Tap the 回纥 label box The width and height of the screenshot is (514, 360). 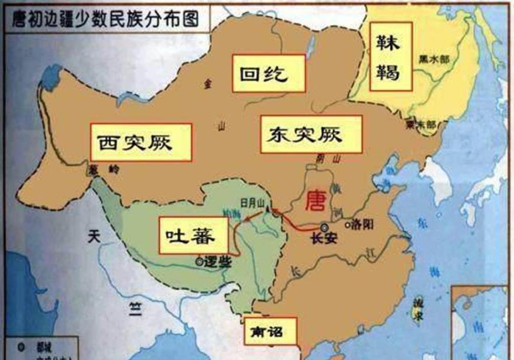268,73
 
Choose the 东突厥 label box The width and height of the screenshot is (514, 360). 310,134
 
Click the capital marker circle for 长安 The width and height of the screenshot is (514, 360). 324,227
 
